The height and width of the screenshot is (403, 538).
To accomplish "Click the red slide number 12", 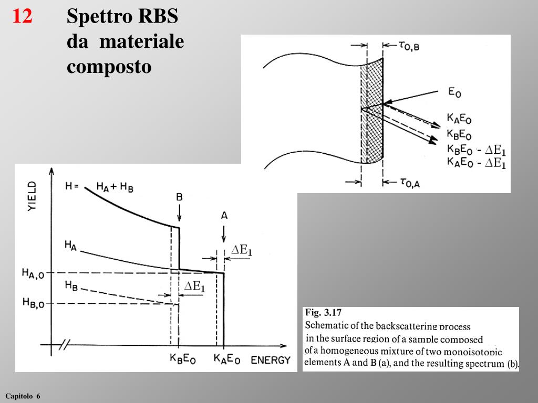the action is (x=23, y=17).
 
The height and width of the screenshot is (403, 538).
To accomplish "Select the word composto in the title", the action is (x=109, y=67).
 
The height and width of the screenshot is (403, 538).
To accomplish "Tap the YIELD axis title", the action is (x=33, y=196).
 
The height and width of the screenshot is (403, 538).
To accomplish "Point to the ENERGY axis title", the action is (x=271, y=360).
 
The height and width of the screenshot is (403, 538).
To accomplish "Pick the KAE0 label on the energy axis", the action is (x=227, y=360).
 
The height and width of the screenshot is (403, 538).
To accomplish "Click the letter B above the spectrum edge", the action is (x=179, y=197).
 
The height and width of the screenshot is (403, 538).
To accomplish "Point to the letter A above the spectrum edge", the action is (x=224, y=215).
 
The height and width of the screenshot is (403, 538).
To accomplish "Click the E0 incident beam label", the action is (x=455, y=92).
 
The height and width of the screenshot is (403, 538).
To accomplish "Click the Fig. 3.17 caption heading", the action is (x=320, y=313).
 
